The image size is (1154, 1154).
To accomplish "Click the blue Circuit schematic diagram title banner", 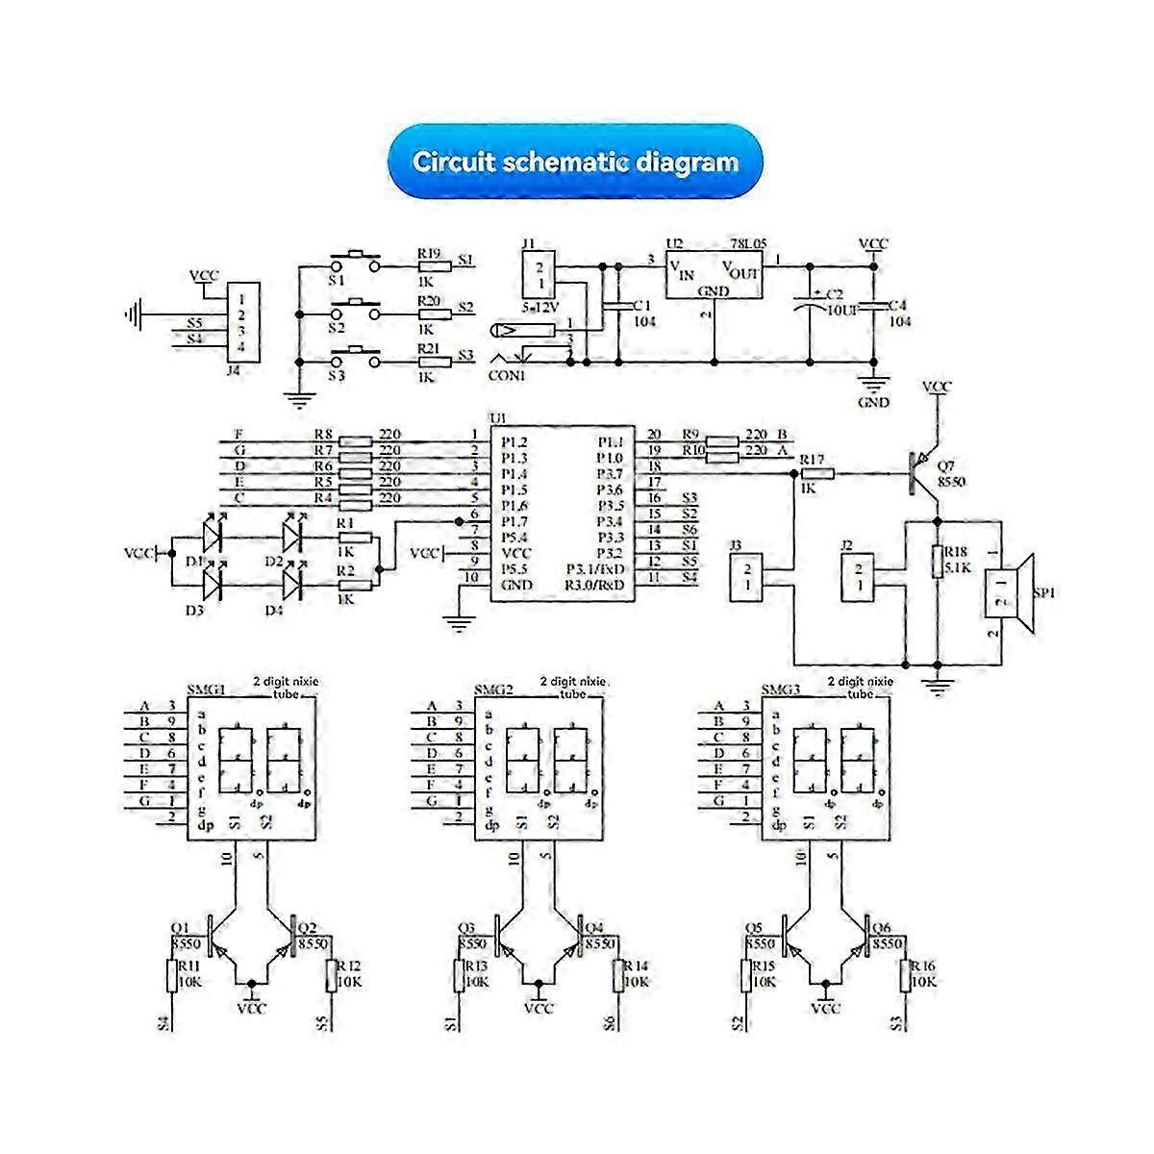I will pyautogui.click(x=575, y=162).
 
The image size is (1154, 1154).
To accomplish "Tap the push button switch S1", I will pyautogui.click(x=355, y=260).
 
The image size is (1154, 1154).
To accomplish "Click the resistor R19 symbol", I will pyautogui.click(x=435, y=266).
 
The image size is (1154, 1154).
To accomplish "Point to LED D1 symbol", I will pyautogui.click(x=213, y=530).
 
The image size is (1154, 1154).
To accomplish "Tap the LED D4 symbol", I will pyautogui.click(x=293, y=581).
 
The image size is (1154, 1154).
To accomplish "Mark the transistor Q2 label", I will pyautogui.click(x=308, y=929).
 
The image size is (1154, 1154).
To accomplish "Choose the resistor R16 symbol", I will pyautogui.click(x=905, y=975).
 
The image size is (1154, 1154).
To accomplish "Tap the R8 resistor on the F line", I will pyautogui.click(x=357, y=441).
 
